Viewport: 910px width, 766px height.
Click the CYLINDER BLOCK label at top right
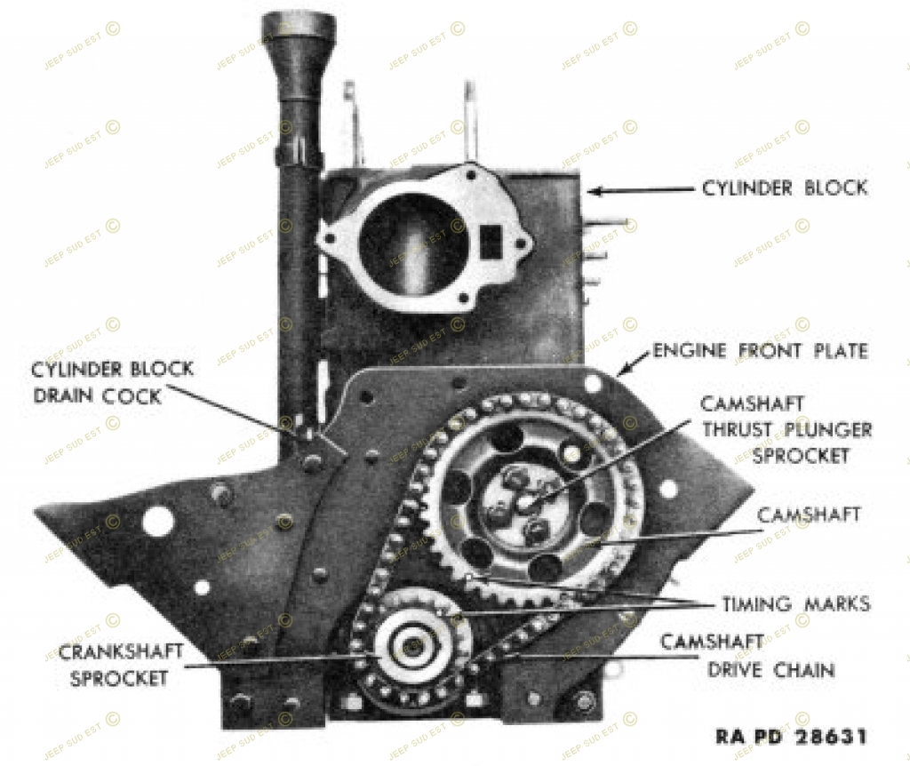785,188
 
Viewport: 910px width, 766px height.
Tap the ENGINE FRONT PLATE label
760,351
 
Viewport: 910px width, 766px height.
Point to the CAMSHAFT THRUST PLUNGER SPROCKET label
786,430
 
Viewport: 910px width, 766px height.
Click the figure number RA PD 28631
791,737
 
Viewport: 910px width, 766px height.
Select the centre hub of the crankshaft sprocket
411,645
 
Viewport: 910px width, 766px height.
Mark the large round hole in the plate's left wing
157,522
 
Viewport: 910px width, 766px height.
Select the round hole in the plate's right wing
668,489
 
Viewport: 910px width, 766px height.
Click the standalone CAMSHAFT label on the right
810,515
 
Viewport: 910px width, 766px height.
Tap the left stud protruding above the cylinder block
351,124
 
